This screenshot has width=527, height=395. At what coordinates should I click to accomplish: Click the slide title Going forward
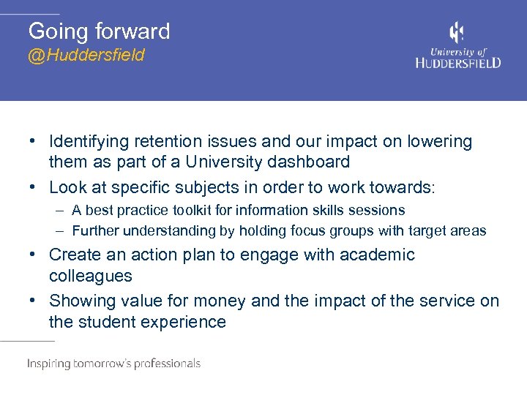point(99,31)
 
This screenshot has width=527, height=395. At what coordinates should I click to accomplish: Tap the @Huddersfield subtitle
point(86,56)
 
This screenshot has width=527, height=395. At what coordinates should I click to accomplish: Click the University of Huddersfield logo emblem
point(457,33)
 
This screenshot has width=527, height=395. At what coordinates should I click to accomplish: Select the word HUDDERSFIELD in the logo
point(458,63)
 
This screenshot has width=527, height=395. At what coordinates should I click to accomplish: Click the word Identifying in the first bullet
point(88,141)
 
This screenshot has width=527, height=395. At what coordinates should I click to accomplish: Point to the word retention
point(168,141)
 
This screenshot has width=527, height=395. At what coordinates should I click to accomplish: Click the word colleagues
point(91,276)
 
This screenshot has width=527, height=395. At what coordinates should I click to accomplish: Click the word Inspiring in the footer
point(48,364)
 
